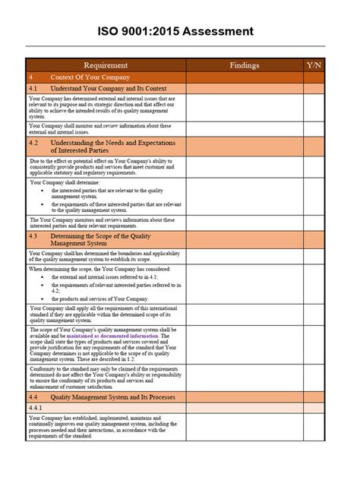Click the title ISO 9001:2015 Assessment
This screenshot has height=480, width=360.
click(180, 31)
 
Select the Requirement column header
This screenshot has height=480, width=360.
click(106, 65)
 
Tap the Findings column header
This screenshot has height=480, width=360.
click(245, 65)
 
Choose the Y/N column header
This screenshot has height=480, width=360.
click(314, 65)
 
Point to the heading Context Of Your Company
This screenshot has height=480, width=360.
click(90, 77)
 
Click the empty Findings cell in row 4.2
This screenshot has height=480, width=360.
click(245, 146)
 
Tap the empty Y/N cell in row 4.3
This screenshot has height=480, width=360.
click(314, 240)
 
